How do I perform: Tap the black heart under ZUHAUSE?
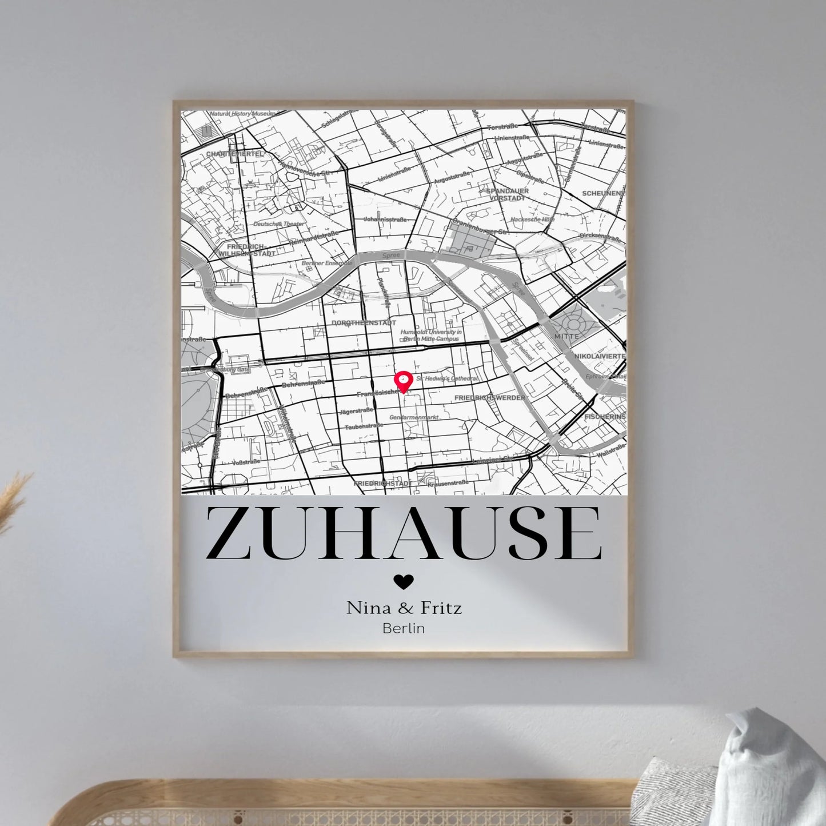click(404, 581)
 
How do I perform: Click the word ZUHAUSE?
click(404, 533)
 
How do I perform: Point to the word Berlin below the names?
click(404, 628)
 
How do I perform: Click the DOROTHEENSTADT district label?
click(364, 323)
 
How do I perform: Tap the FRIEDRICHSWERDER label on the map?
click(489, 397)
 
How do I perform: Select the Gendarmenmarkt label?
click(414, 417)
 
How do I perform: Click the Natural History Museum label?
click(242, 114)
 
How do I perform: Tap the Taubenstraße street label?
click(364, 426)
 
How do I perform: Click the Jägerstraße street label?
click(356, 410)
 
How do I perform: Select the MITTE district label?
click(566, 337)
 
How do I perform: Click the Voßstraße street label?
click(247, 461)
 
